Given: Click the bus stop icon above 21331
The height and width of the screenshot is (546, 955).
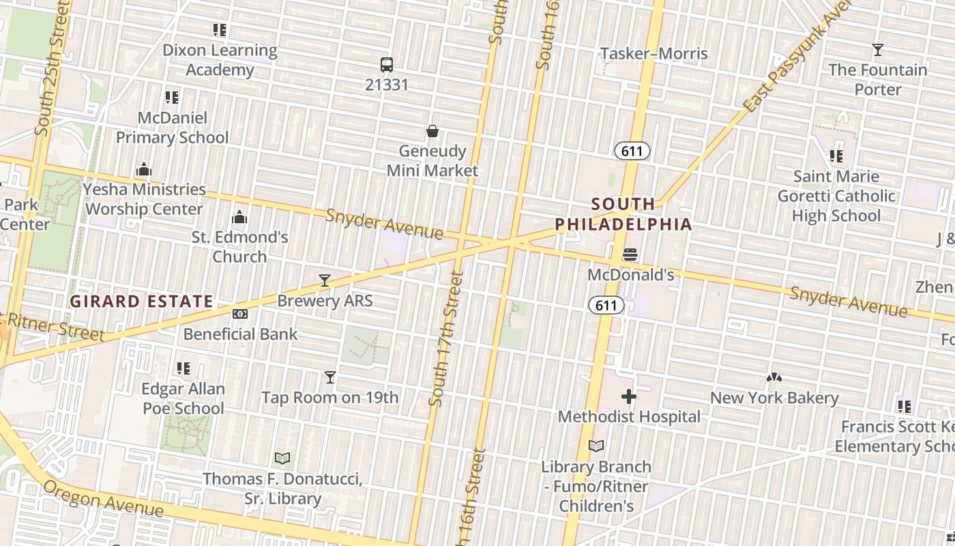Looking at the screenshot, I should pyautogui.click(x=387, y=65).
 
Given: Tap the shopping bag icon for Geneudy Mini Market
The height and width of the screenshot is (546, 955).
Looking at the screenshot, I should pyautogui.click(x=432, y=131).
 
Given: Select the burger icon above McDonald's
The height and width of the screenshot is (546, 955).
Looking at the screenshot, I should pyautogui.click(x=630, y=255).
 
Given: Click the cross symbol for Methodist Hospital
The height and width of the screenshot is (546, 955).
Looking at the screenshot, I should pyautogui.click(x=629, y=397).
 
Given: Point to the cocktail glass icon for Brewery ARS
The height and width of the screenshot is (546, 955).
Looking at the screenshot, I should pyautogui.click(x=325, y=281).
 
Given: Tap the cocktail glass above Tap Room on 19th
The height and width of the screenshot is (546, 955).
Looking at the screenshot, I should pyautogui.click(x=330, y=377).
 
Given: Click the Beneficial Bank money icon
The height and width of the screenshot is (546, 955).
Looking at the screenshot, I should pyautogui.click(x=240, y=314).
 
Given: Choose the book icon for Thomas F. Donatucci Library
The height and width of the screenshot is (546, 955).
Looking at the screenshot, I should pyautogui.click(x=282, y=458).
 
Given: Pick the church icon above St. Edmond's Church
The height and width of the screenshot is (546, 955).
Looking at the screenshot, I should pyautogui.click(x=239, y=218).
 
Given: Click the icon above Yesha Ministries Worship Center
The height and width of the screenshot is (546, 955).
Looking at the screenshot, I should pyautogui.click(x=144, y=169).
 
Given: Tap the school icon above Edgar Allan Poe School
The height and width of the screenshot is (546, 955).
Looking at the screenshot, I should pyautogui.click(x=183, y=369).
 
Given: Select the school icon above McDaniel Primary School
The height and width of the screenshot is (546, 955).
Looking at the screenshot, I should pyautogui.click(x=172, y=98).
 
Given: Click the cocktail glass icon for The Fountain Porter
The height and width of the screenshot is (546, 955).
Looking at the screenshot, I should pyautogui.click(x=878, y=50).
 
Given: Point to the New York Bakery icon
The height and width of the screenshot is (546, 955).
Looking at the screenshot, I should pyautogui.click(x=774, y=377).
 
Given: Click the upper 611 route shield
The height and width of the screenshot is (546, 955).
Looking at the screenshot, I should pyautogui.click(x=632, y=151).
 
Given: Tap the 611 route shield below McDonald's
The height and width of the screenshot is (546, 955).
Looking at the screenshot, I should pyautogui.click(x=606, y=305).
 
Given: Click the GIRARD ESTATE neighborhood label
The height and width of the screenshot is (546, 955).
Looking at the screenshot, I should pyautogui.click(x=143, y=301).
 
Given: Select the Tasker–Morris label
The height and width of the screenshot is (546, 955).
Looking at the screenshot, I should pyautogui.click(x=653, y=53).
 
